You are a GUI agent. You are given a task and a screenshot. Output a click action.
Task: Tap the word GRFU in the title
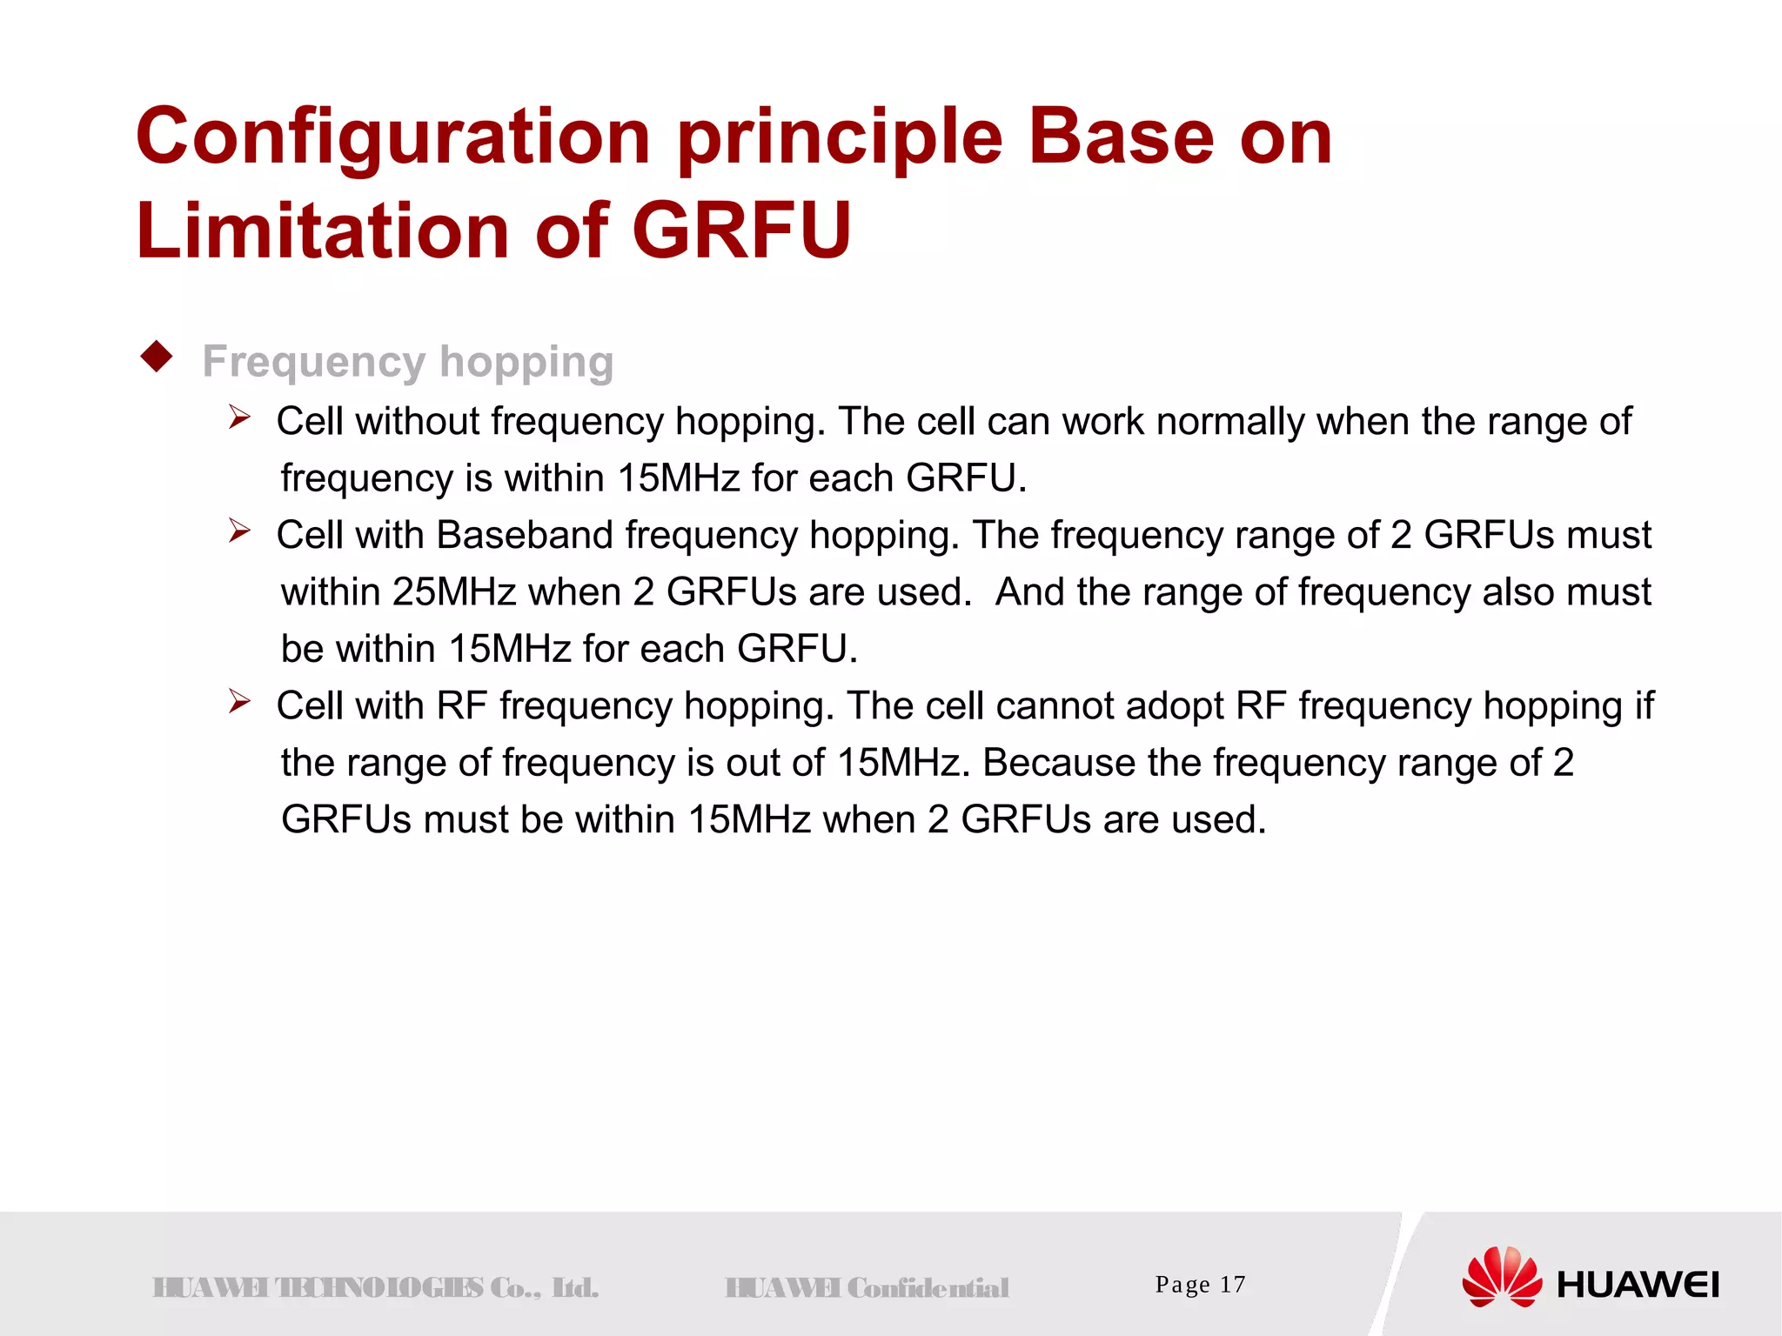point(740,230)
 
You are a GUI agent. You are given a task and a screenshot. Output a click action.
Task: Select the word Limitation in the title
point(323,230)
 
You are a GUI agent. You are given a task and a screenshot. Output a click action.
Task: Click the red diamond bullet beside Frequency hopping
point(157,357)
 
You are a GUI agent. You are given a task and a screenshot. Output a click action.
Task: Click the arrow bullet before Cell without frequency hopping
point(239,417)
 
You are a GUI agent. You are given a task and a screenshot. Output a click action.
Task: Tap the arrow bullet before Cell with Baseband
point(239,531)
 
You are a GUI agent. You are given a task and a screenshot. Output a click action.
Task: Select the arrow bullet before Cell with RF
point(239,701)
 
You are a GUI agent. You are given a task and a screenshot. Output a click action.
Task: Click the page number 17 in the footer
point(1232,1285)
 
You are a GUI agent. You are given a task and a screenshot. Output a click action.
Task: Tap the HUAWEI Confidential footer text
point(867,1287)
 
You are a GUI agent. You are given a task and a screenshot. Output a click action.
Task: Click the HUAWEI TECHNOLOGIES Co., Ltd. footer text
point(375,1287)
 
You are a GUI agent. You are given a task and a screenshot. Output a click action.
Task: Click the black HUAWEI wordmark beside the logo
point(1638,1285)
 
